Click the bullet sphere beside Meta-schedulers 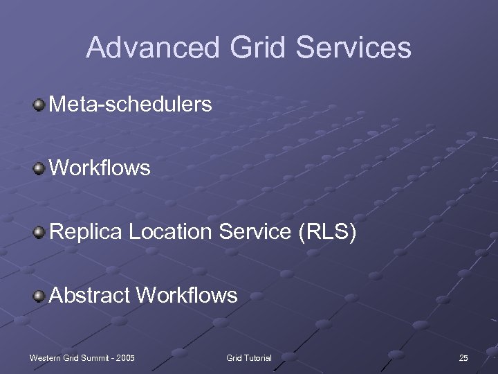(x=40, y=105)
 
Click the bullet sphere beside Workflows (x=40, y=168)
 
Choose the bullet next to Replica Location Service (x=40, y=232)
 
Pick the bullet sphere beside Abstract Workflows (x=40, y=296)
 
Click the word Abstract (x=90, y=296)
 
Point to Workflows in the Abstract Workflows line (x=187, y=296)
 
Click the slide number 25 (x=463, y=357)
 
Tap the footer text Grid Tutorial (x=249, y=357)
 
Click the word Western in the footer (x=45, y=357)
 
